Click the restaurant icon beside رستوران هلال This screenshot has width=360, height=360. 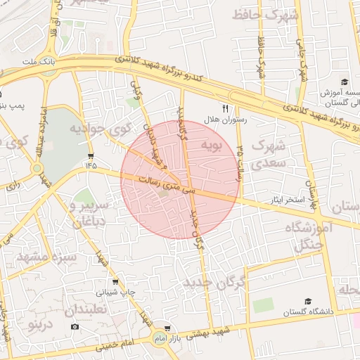point(226,108)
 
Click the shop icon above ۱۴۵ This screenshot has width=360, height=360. point(91,155)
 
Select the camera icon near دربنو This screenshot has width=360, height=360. point(75,326)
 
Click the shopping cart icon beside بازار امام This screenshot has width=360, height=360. point(167,328)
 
